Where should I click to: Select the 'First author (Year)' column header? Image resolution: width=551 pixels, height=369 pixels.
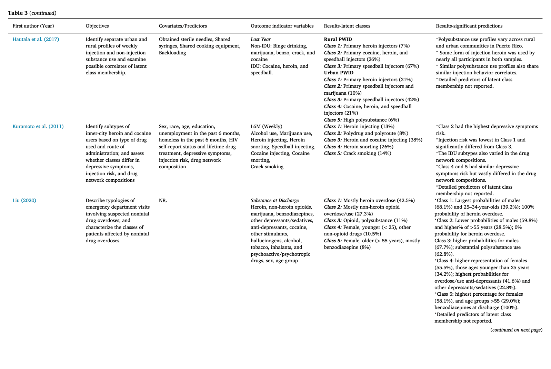click(33, 26)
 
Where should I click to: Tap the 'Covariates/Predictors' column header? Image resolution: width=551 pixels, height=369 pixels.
click(183, 26)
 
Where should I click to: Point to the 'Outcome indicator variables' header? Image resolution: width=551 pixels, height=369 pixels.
click(282, 26)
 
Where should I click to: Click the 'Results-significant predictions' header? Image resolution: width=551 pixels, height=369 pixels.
click(469, 26)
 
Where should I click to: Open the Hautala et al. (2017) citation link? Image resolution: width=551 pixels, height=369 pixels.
click(36, 39)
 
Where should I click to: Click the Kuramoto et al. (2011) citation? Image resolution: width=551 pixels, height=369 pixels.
click(38, 126)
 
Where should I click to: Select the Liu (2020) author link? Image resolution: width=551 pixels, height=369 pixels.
click(24, 200)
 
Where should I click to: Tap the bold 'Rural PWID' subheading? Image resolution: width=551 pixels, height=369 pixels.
click(338, 39)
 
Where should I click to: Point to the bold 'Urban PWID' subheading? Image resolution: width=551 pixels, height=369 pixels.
click(339, 73)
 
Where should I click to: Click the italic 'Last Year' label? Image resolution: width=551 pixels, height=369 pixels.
click(261, 39)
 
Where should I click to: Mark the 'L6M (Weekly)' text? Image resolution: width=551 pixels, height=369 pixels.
click(267, 126)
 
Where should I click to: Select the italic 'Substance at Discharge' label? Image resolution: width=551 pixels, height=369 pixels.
click(274, 200)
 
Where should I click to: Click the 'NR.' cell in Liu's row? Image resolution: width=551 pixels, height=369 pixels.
click(163, 200)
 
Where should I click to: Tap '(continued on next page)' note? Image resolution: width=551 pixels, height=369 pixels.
click(516, 330)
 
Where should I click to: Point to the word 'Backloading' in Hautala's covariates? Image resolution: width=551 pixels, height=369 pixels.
click(172, 53)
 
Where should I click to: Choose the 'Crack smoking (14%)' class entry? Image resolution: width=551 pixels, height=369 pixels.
click(367, 153)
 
